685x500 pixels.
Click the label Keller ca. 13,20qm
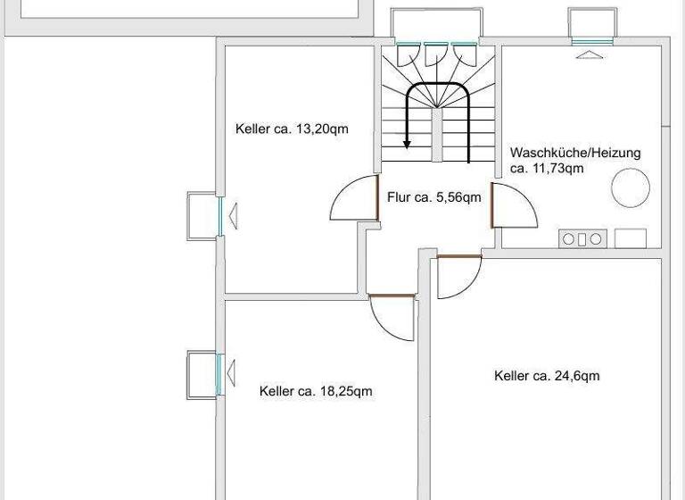click(x=292, y=129)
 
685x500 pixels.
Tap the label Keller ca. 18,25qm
click(x=316, y=391)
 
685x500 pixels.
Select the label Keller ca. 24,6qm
click(x=547, y=376)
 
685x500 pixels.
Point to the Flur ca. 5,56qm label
click(x=434, y=197)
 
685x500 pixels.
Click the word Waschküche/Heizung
click(x=574, y=153)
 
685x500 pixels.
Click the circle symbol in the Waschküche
click(x=629, y=187)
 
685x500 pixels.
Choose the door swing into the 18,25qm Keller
click(x=393, y=317)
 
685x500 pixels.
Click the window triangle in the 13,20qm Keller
click(x=233, y=215)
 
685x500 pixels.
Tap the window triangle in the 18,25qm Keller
click(x=232, y=374)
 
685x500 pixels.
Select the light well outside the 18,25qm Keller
click(x=201, y=375)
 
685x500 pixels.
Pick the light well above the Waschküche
click(x=592, y=23)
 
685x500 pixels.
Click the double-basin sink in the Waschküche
click(x=582, y=238)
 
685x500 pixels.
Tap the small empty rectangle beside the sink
click(x=631, y=238)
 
